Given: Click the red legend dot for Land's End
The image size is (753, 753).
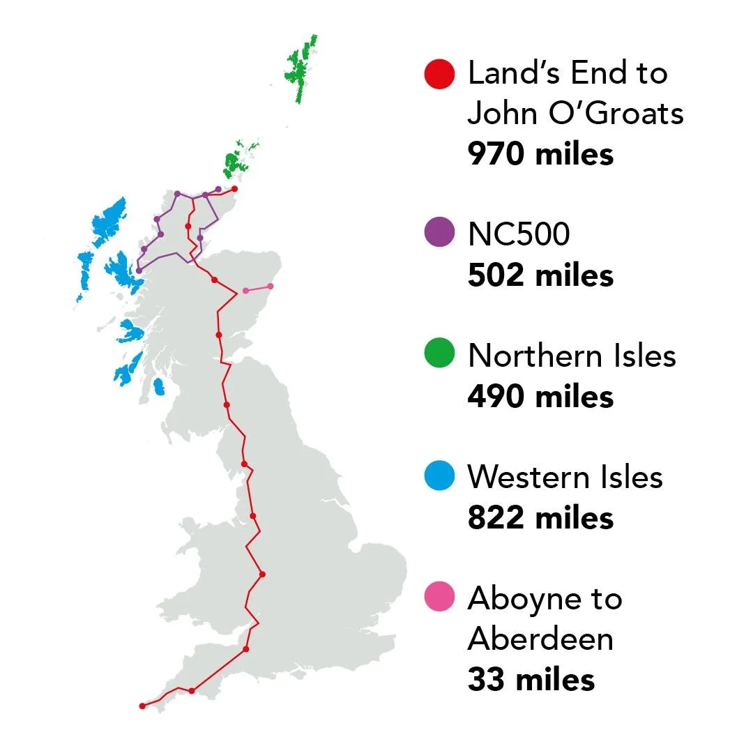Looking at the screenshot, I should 439,74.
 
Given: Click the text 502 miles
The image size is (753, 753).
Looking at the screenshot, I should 540,275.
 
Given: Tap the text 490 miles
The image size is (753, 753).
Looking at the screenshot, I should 540,397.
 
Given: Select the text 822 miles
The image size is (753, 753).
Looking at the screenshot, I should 540,518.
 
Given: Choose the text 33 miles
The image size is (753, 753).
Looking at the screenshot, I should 531,680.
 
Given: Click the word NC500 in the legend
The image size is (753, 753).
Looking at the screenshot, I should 519,234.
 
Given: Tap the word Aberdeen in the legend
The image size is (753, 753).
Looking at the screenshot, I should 540,639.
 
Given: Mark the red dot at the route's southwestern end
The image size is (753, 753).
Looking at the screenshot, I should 142,706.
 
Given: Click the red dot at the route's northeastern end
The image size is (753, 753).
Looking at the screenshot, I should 234,188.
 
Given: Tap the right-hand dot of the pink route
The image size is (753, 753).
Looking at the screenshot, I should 271,286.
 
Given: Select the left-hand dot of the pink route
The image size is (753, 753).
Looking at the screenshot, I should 245,290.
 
